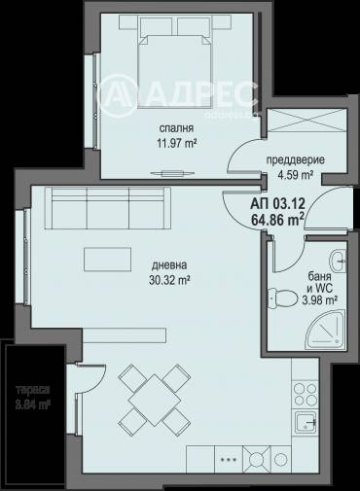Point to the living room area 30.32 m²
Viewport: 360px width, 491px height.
pos(169,279)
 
